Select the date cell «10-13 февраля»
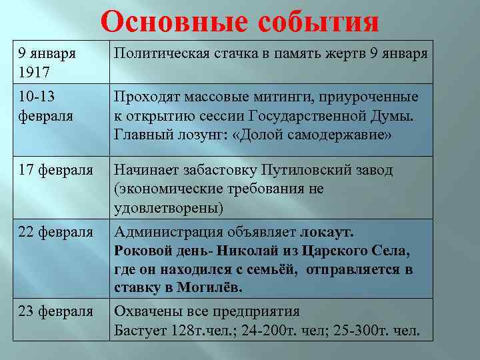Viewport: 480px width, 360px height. [46, 106]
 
